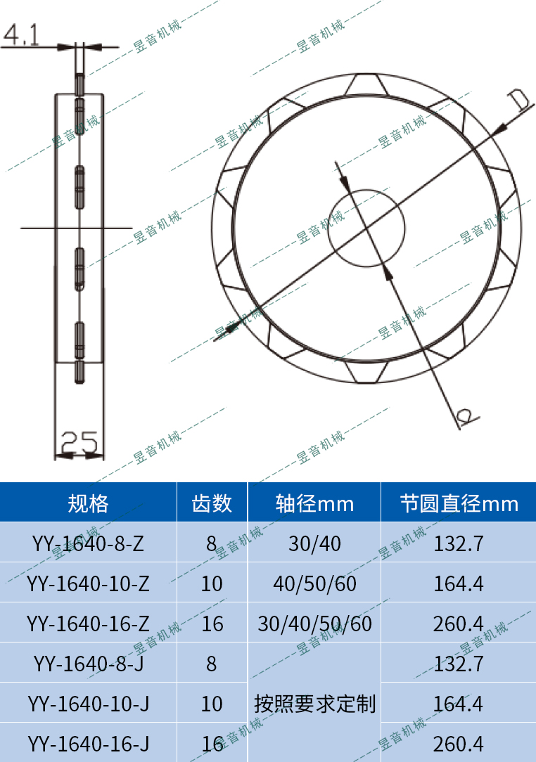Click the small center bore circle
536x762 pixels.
pyautogui.click(x=367, y=228)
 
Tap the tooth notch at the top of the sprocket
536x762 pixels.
pyautogui.click(x=367, y=84)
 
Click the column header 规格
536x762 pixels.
pyautogui.click(x=88, y=503)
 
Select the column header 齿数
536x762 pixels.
pyautogui.click(x=212, y=503)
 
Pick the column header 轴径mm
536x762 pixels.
pyautogui.click(x=314, y=503)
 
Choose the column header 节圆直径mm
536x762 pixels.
pyautogui.click(x=459, y=503)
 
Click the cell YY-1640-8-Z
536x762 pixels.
pyautogui.click(x=88, y=543)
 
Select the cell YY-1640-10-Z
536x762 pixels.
pyautogui.click(x=88, y=583)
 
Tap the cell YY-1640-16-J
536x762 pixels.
pyautogui.click(x=88, y=743)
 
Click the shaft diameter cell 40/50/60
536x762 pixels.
pyautogui.click(x=314, y=583)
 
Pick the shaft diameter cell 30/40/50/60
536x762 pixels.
pyautogui.click(x=314, y=624)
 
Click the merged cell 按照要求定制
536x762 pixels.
pyautogui.click(x=314, y=703)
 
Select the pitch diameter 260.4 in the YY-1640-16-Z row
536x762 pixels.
pyautogui.click(x=459, y=624)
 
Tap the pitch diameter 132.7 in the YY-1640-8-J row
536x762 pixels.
pyautogui.click(x=459, y=664)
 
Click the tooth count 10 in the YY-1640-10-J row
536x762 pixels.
pyautogui.click(x=212, y=703)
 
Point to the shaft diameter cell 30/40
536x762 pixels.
pyautogui.click(x=314, y=543)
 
